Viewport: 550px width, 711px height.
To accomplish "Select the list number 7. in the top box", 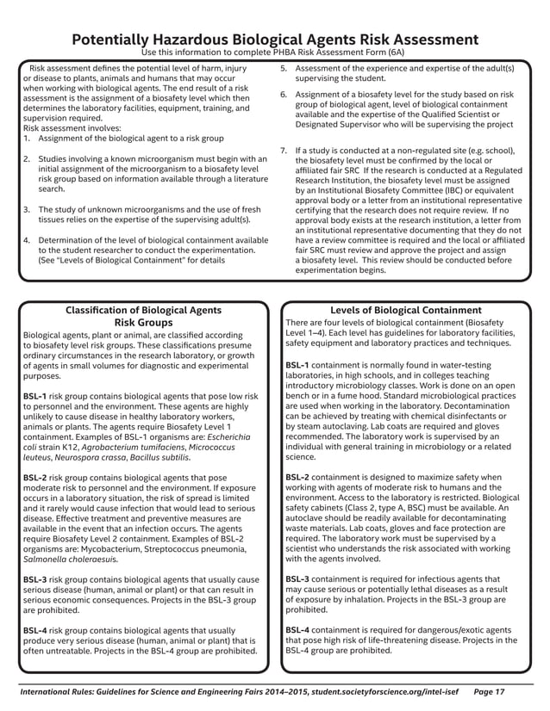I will pos(284,151).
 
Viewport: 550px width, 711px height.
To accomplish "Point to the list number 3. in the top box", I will pos(27,209).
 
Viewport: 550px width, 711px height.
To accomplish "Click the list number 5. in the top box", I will pos(284,68).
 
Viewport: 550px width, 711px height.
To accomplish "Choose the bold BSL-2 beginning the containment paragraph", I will pos(298,477).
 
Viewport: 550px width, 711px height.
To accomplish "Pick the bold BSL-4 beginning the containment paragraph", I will pos(298,630).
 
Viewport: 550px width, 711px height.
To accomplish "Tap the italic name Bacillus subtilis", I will pos(161,457).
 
